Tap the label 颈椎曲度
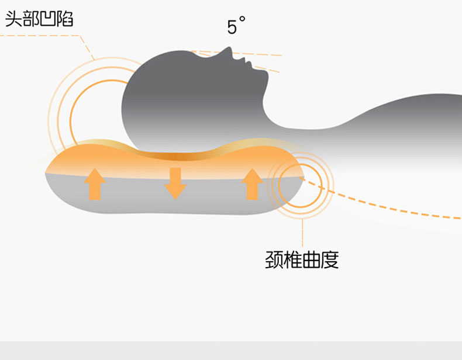coord(302,259)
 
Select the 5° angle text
coord(236,26)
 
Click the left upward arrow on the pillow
coord(95,183)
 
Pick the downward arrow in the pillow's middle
coord(175,183)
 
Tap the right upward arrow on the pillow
coord(252,183)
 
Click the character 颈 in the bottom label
coord(274,259)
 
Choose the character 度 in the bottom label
coord(330,259)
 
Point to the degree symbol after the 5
coord(242,20)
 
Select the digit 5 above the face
coord(232,27)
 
